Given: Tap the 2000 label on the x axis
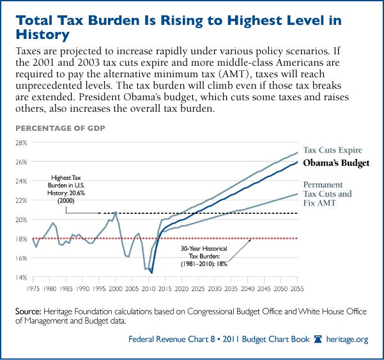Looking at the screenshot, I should (x=116, y=289).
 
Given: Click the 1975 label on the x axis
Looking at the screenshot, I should (x=33, y=289).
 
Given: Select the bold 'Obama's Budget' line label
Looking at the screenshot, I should (x=335, y=163).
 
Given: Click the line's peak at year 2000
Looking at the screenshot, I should (x=115, y=212).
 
